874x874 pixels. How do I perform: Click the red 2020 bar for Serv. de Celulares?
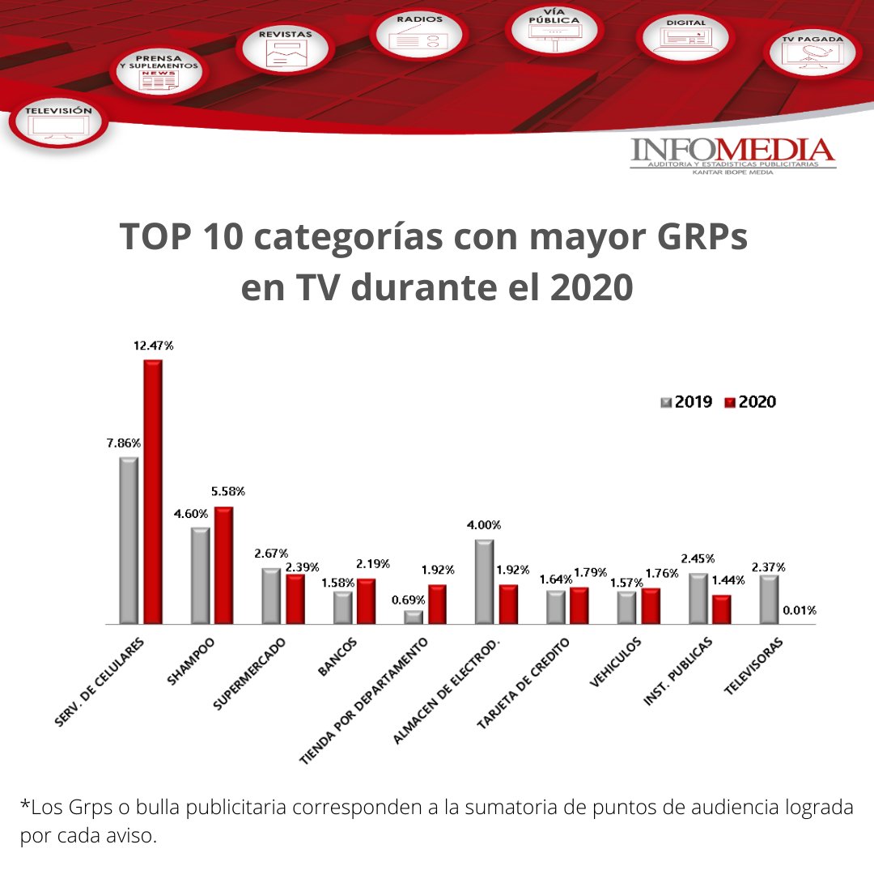tap(153, 492)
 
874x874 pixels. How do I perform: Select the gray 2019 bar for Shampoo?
tap(200, 575)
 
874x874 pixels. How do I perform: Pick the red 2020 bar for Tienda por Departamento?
tap(437, 604)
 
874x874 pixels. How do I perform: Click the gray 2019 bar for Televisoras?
tap(768, 599)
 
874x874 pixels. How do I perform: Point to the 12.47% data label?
tap(153, 346)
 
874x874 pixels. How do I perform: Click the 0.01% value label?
tap(799, 610)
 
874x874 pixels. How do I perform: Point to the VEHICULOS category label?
tap(617, 662)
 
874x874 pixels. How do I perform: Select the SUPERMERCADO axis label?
tap(250, 673)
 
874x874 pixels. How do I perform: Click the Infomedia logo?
tap(732, 155)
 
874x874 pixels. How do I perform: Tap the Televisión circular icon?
tap(58, 122)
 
